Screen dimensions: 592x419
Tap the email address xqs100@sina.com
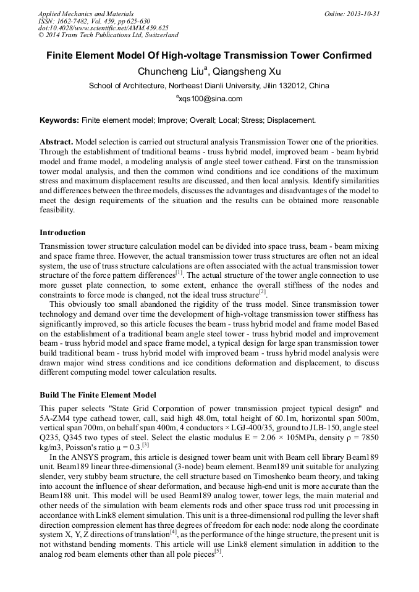(211, 99)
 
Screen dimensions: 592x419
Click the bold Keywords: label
(59, 120)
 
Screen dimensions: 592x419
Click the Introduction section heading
(62, 233)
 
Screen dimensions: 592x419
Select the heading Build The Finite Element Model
(98, 395)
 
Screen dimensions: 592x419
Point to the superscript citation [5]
(218, 552)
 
